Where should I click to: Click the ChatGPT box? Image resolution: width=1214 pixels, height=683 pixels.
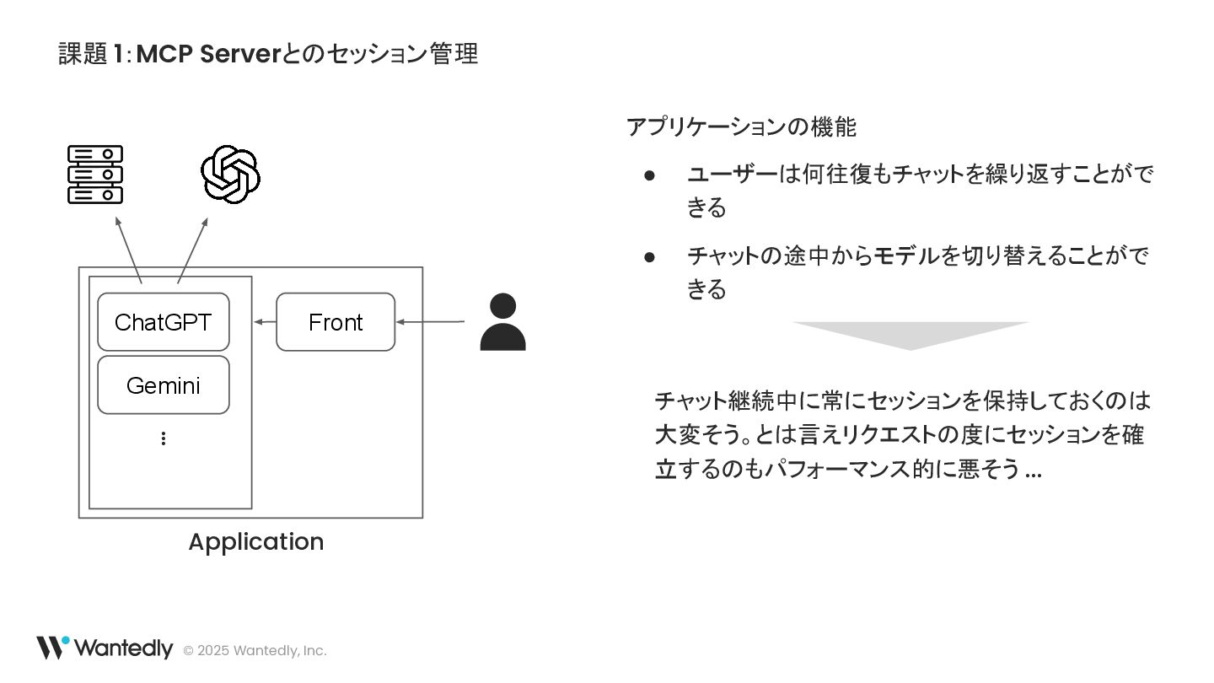tap(163, 322)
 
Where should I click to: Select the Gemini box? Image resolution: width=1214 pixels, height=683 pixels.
tap(163, 385)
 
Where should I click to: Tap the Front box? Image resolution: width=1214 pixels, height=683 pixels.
tap(336, 322)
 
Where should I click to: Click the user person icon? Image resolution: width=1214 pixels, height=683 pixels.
tap(502, 322)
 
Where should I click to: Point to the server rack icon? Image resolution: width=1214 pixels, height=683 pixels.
tap(95, 175)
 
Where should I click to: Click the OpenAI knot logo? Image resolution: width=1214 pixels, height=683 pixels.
tap(230, 175)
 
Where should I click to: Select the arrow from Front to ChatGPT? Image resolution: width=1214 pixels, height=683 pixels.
tap(265, 322)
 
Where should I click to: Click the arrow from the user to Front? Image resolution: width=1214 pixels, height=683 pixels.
tap(430, 322)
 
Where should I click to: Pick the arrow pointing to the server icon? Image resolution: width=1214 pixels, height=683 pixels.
tap(128, 250)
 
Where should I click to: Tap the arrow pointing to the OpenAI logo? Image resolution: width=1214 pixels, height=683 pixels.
tap(193, 250)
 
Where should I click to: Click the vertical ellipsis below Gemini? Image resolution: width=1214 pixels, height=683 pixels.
tap(163, 438)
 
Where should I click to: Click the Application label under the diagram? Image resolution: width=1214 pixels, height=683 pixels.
tap(255, 541)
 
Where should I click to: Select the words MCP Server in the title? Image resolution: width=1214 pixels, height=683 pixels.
tap(207, 54)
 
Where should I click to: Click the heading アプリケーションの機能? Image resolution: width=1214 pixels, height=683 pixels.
tap(741, 127)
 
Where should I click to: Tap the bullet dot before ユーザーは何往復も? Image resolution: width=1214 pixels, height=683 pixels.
tap(649, 175)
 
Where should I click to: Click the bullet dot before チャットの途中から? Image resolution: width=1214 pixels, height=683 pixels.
tap(649, 256)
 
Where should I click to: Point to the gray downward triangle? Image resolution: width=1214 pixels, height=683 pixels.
tap(910, 334)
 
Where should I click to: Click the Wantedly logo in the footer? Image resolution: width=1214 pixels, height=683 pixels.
tap(104, 648)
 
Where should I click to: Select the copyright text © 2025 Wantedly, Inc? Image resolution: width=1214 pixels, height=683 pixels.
tap(255, 651)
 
